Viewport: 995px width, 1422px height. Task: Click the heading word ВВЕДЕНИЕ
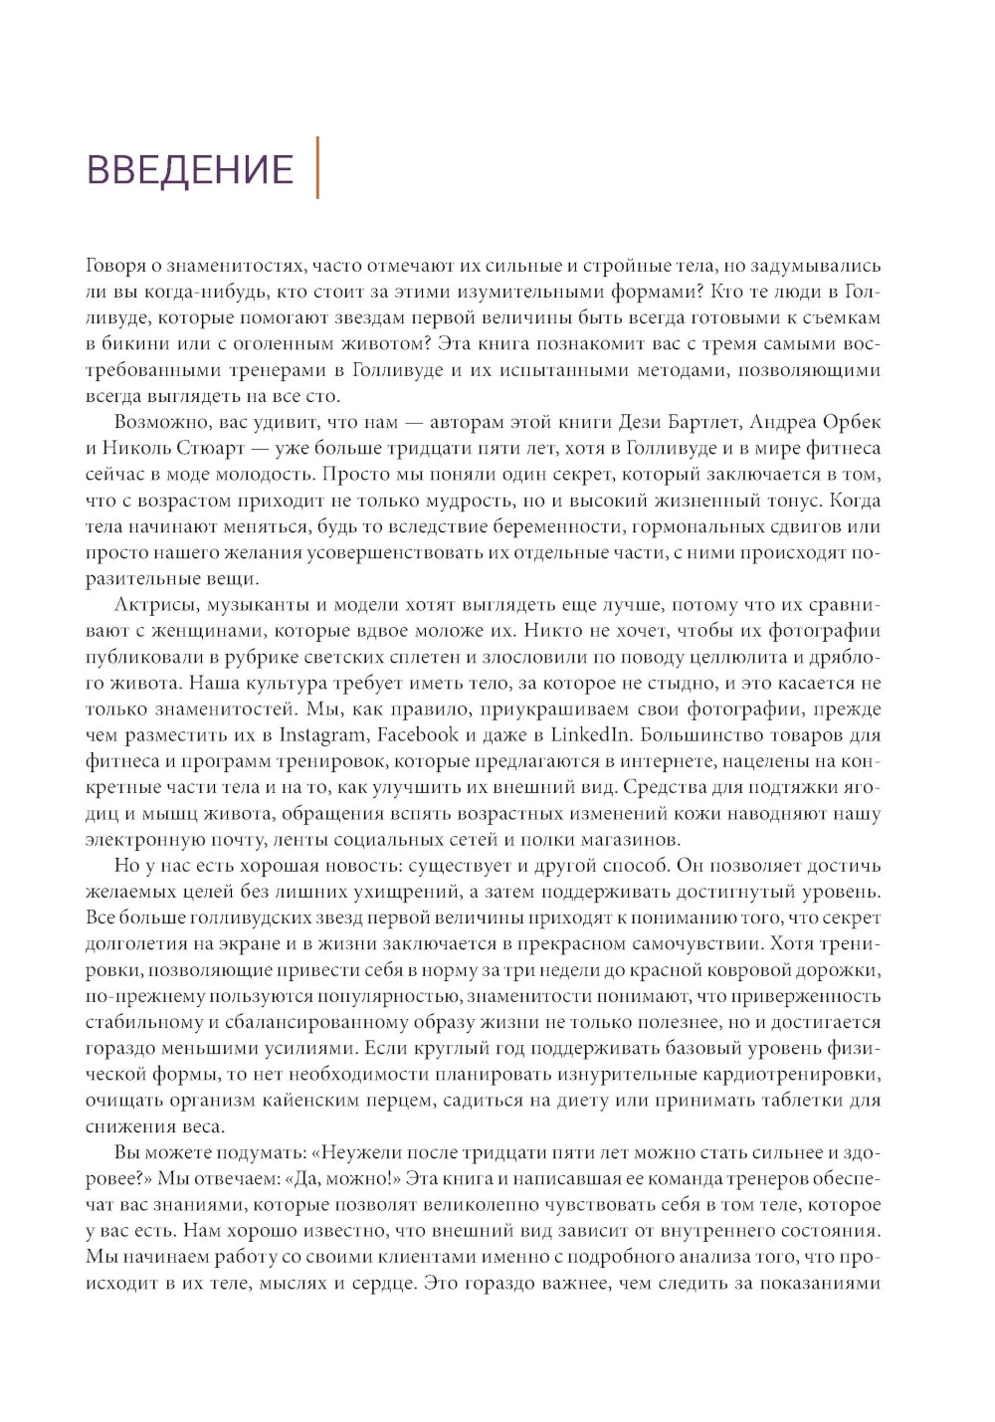(191, 170)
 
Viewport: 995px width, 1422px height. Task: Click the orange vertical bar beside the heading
(317, 168)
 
